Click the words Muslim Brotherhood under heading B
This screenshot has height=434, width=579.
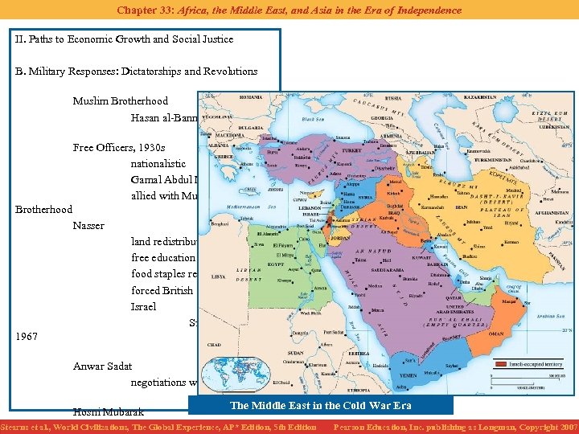pyautogui.click(x=120, y=101)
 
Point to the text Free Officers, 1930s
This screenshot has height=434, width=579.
pyautogui.click(x=118, y=148)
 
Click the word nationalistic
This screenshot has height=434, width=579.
pyautogui.click(x=158, y=164)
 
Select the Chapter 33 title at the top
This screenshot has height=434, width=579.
pyautogui.click(x=289, y=10)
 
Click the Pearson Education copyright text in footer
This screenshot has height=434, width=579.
pyautogui.click(x=455, y=427)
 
